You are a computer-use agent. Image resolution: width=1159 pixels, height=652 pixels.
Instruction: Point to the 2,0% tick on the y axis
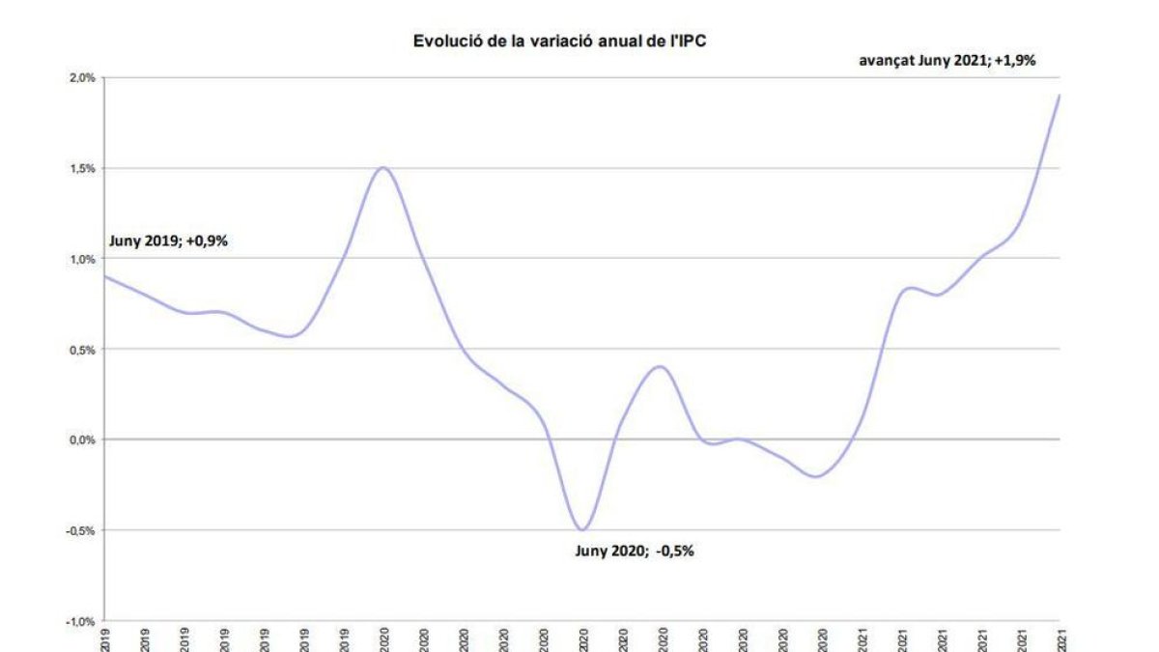pos(81,78)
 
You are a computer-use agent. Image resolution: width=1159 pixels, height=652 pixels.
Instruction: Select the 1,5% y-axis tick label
pos(81,169)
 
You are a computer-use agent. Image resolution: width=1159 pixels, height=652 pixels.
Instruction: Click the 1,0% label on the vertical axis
pos(81,259)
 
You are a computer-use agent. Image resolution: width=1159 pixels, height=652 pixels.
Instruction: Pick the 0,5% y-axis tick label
pos(81,350)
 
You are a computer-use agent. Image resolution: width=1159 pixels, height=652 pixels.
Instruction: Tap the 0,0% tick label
pos(81,439)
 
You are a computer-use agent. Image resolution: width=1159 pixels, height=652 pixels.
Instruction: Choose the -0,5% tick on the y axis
pos(80,530)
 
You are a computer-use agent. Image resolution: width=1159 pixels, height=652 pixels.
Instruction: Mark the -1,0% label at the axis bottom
pos(80,621)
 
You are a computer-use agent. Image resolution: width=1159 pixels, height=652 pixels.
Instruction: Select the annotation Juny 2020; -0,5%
pos(635,552)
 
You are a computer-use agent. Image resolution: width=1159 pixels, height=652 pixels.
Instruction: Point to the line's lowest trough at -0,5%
pos(582,529)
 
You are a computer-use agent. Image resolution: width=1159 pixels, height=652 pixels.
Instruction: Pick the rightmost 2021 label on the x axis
pos(1060,639)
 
